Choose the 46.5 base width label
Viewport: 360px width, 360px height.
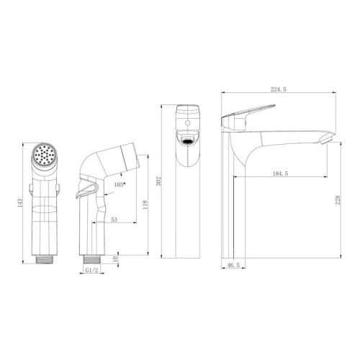coord(233,266)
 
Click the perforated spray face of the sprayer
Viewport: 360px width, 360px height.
coord(45,156)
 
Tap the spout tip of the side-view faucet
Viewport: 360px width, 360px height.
coord(325,136)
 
